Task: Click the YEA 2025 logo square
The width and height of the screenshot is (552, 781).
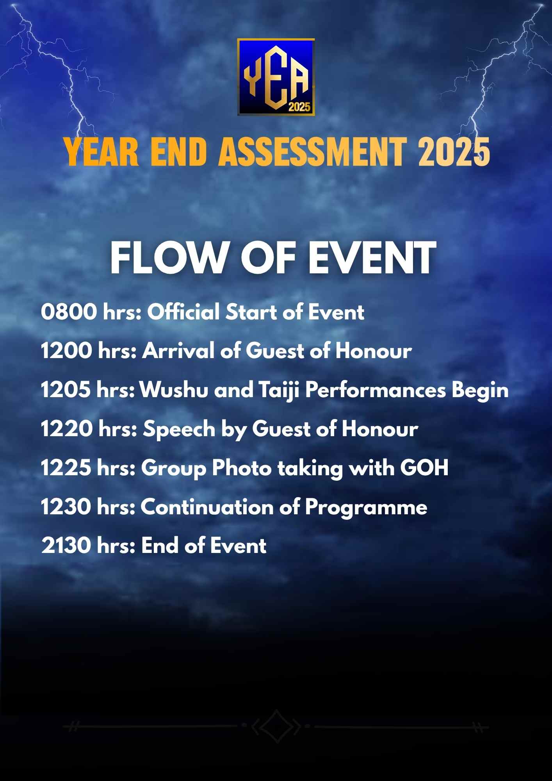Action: [276, 77]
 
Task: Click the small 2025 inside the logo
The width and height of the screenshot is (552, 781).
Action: [299, 107]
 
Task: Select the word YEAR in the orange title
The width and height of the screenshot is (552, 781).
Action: [101, 152]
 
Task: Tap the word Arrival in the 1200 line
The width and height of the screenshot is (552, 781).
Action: [178, 351]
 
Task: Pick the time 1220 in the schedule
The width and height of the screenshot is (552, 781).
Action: [67, 429]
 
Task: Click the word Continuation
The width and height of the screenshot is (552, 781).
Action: [207, 507]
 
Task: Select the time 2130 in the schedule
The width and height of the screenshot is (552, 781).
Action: [66, 546]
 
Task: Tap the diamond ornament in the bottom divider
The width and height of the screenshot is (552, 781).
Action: [276, 726]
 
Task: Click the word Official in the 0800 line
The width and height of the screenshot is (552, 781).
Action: [183, 312]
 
